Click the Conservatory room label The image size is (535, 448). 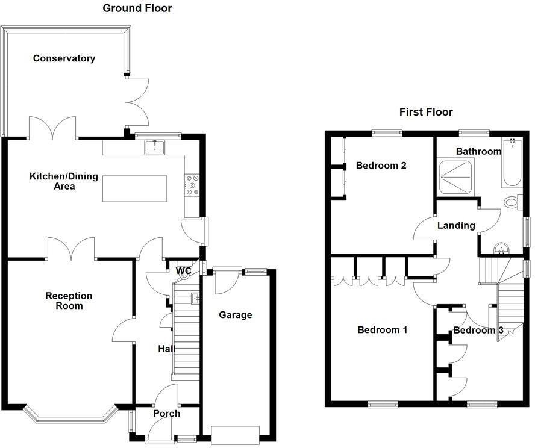[x=64, y=58]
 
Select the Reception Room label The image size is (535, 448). [x=69, y=300]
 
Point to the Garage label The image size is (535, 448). [x=235, y=314]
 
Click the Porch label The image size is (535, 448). [x=166, y=414]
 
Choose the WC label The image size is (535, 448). [x=183, y=271]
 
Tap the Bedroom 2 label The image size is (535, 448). [x=380, y=166]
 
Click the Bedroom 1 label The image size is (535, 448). [x=383, y=329]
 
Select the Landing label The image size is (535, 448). [x=456, y=225]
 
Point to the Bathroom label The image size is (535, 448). [x=478, y=151]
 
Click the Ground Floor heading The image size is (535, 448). [x=137, y=8]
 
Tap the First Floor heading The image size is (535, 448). [x=426, y=112]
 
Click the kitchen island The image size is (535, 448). [x=134, y=188]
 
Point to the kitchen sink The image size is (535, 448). [x=155, y=146]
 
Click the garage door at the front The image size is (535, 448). [x=235, y=434]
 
